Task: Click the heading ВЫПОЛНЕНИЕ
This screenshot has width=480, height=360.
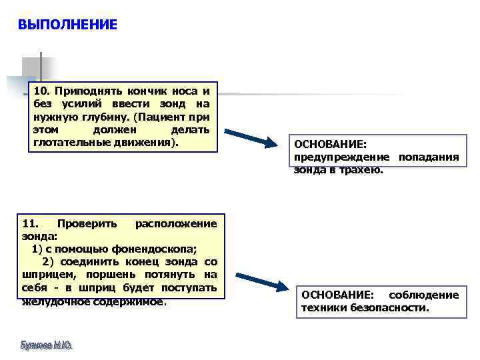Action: pyautogui.click(x=67, y=25)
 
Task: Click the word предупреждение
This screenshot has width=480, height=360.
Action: pyautogui.click(x=341, y=157)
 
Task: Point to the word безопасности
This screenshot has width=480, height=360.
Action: pyautogui.click(x=390, y=308)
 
